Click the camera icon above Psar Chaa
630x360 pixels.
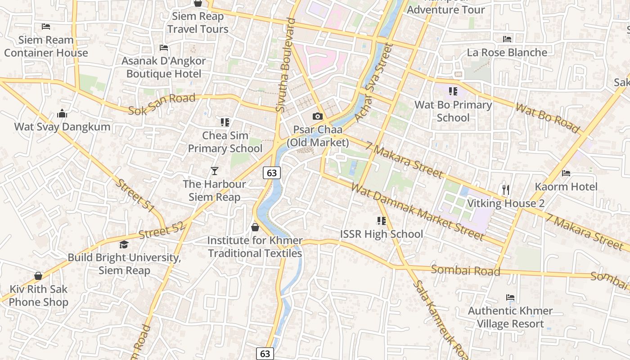318,117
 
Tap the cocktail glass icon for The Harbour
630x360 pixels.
215,171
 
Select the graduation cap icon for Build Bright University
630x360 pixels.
124,244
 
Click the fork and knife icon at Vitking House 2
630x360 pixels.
506,190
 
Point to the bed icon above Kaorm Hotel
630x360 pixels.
566,173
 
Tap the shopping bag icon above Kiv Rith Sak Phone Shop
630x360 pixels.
38,276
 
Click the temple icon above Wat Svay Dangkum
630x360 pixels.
62,113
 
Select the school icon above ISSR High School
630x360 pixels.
382,221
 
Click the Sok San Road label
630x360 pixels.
162,103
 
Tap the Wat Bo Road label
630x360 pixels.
547,118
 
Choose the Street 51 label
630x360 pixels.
135,196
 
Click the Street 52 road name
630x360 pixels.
162,231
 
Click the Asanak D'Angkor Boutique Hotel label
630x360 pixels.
164,67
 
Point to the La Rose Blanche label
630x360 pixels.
507,53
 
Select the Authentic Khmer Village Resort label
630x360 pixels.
510,317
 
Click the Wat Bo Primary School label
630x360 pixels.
453,111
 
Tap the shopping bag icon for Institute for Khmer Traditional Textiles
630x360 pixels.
255,227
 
